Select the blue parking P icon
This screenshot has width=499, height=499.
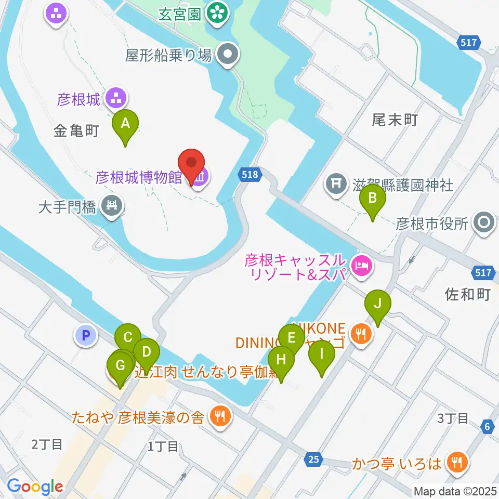point(86,335)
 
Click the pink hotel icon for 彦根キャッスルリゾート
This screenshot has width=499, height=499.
point(361,266)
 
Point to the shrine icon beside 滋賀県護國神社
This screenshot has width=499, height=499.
point(336,184)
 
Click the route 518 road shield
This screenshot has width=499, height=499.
point(250,175)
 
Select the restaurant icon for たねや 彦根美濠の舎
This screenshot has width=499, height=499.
point(220,416)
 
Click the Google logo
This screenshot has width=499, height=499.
point(35,487)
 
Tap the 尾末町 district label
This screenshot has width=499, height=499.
point(395,121)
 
